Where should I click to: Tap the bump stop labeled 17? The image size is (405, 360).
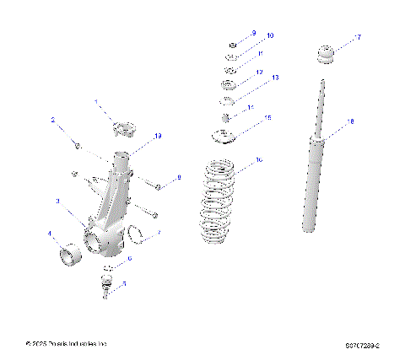click(x=327, y=56)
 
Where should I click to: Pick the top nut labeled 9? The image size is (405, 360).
click(x=232, y=44)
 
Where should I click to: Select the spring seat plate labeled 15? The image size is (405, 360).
click(x=224, y=137)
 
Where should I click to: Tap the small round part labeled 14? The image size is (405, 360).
click(x=226, y=117)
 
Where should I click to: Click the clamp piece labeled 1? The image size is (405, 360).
click(x=125, y=131)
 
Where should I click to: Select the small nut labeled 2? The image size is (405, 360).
click(x=77, y=147)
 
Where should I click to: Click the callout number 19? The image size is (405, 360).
click(x=157, y=135)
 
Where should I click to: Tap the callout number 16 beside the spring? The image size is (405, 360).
click(x=259, y=159)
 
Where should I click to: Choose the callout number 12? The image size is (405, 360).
click(x=259, y=73)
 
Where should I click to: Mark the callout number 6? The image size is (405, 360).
click(x=129, y=258)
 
